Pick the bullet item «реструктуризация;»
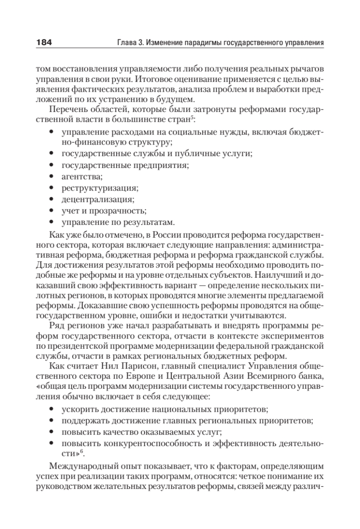click(100, 189)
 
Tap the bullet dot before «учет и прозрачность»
click(52, 211)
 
